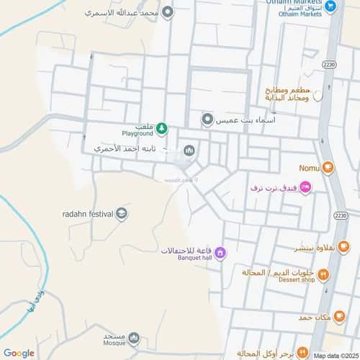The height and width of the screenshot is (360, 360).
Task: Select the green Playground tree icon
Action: pyautogui.click(x=162, y=129)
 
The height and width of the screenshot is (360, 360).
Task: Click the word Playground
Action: pyautogui.click(x=138, y=134)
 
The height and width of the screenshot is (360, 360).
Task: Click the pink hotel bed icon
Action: pyautogui.click(x=305, y=188)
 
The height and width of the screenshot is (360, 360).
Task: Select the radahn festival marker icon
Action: pyautogui.click(x=122, y=213)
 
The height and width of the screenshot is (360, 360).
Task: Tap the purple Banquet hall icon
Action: pyautogui.click(x=220, y=253)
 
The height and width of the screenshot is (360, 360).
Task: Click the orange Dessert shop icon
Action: pyautogui.click(x=323, y=274)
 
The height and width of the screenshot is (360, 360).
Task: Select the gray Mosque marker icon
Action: pyautogui.click(x=133, y=339)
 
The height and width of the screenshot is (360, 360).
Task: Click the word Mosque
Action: pyautogui.click(x=114, y=343)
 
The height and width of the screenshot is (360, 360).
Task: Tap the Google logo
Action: pyautogui.click(x=18, y=353)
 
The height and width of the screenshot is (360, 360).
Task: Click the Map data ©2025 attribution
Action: pyautogui.click(x=335, y=355)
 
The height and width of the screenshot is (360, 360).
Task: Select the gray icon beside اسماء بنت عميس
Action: pyautogui.click(x=207, y=120)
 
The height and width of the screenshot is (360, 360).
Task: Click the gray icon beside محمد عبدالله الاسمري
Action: pyautogui.click(x=168, y=12)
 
